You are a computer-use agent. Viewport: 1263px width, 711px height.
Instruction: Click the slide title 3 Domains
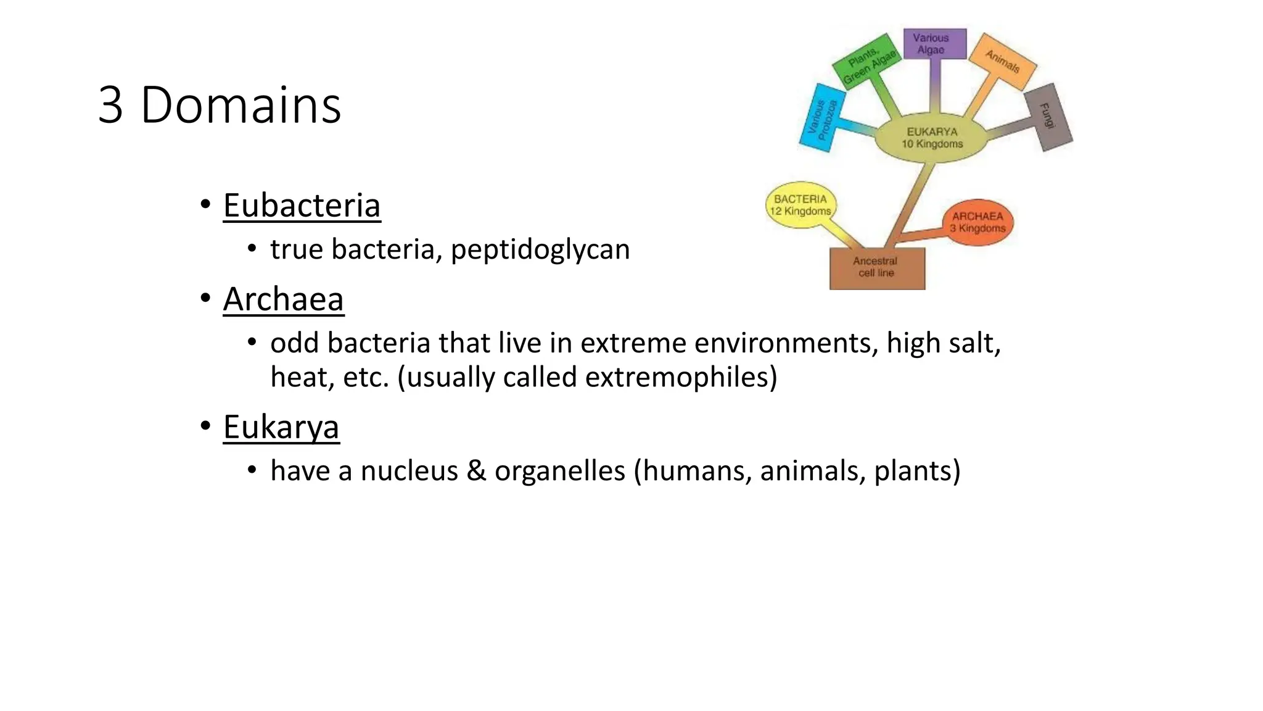pyautogui.click(x=220, y=106)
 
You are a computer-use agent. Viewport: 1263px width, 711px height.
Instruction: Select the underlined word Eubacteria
pyautogui.click(x=302, y=206)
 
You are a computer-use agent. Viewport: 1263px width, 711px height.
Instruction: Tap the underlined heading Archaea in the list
pyautogui.click(x=283, y=299)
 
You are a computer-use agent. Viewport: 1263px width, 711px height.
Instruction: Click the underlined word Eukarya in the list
pyautogui.click(x=281, y=427)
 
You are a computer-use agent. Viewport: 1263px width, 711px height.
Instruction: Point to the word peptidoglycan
pyautogui.click(x=540, y=250)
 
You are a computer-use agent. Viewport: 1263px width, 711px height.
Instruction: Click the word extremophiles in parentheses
pyautogui.click(x=677, y=377)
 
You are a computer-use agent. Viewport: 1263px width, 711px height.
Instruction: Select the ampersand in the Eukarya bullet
pyautogui.click(x=476, y=471)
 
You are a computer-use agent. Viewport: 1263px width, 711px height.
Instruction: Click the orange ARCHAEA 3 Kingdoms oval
pyautogui.click(x=977, y=223)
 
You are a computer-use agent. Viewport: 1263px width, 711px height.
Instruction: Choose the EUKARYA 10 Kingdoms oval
pyautogui.click(x=931, y=138)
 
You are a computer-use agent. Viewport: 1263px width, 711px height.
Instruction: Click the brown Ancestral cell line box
pyautogui.click(x=876, y=268)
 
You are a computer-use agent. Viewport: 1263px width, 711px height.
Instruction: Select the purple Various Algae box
pyautogui.click(x=934, y=44)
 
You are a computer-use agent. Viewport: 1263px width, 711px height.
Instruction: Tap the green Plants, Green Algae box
pyautogui.click(x=867, y=62)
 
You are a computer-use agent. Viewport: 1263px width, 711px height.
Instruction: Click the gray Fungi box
pyautogui.click(x=1048, y=117)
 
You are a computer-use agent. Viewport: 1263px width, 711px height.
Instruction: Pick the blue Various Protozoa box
pyautogui.click(x=823, y=118)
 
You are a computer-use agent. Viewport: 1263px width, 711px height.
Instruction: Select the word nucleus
pyautogui.click(x=409, y=471)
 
